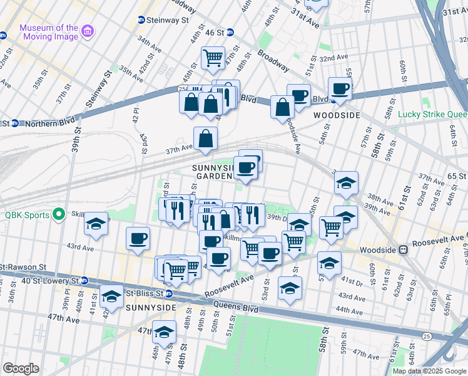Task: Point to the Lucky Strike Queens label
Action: [x=432, y=115]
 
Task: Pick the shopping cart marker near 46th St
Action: [x=213, y=58]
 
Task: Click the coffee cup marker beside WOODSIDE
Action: [x=340, y=88]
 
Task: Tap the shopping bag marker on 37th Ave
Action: [x=205, y=139]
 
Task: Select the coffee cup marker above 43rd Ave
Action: [x=138, y=238]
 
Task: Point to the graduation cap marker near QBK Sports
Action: [x=96, y=224]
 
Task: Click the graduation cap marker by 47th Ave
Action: [x=165, y=332]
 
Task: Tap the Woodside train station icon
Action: [x=404, y=249]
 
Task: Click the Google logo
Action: [x=21, y=369]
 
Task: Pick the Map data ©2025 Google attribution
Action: [x=429, y=371]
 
